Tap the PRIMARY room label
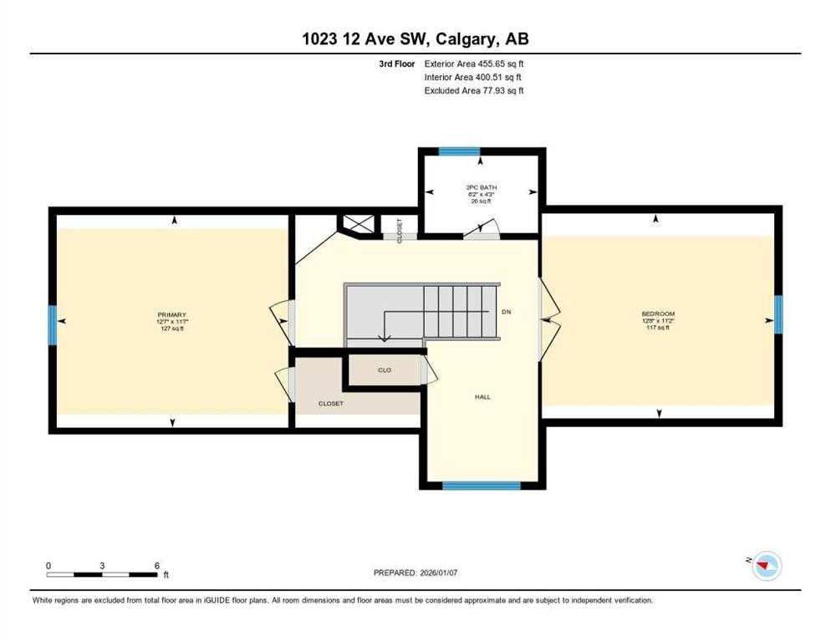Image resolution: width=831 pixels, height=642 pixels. pos(171,315)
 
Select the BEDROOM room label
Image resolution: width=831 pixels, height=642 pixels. pos(658,314)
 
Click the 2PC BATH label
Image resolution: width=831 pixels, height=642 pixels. pos(481,187)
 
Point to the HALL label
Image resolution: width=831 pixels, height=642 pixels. pos(482,397)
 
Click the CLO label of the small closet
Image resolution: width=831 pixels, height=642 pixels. pos(384,369)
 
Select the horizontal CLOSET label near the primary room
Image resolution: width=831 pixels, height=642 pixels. pos(331,404)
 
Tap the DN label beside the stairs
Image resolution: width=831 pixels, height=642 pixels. pos(506,312)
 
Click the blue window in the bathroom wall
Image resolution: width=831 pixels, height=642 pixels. pos(460,152)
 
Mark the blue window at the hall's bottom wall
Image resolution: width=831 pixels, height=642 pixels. pos(481,485)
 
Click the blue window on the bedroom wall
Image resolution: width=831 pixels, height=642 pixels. pos(778,313)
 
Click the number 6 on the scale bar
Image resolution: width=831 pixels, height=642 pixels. pos(156,565)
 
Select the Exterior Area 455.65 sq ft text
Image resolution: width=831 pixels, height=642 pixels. pos(474,64)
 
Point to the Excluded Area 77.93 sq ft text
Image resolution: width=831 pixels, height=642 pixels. pos(474,90)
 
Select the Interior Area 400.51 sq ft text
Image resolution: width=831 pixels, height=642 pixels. pos(474,77)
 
